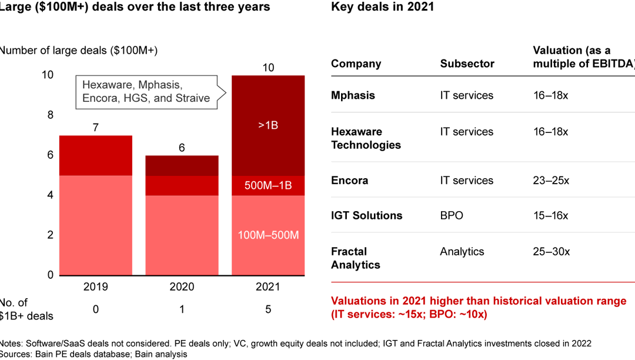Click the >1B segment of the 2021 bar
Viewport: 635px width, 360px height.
tap(268, 125)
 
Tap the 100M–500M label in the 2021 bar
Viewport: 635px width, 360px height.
tap(268, 235)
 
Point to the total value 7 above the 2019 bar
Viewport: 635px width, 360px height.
tap(95, 128)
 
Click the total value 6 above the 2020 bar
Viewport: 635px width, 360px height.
tap(182, 148)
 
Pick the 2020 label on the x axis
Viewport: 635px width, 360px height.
tap(182, 287)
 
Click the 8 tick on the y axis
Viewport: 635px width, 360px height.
tap(50, 115)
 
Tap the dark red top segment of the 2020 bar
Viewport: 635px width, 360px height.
tap(182, 166)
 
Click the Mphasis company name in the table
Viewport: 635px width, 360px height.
tap(353, 95)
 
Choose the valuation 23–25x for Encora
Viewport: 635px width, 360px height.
tap(551, 180)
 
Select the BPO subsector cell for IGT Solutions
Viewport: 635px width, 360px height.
tap(452, 215)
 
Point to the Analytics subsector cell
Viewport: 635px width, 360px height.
tap(462, 251)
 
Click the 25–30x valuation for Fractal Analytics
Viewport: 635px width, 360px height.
tap(551, 251)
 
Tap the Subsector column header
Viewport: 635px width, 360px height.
tap(467, 64)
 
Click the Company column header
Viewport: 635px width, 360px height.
tap(356, 64)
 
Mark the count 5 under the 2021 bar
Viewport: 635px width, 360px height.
tap(268, 309)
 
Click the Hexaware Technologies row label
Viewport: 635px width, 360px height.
tap(366, 138)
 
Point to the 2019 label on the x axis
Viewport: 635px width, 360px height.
tap(95, 287)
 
